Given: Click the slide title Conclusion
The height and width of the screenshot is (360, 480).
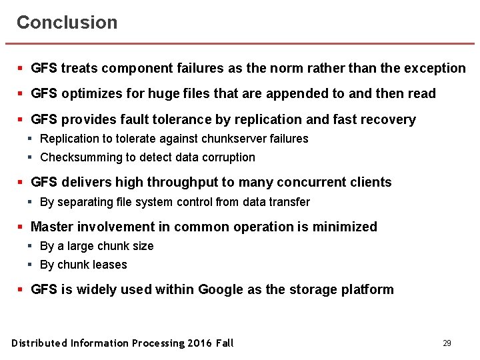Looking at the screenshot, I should tap(67, 22).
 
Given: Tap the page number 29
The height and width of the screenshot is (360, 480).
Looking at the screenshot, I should tap(447, 343).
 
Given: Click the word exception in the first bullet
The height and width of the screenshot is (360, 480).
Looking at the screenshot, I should tap(435, 68).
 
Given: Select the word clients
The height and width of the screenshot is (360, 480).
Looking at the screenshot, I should tap(371, 183).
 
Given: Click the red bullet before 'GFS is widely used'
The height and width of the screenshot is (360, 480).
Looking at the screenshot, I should tap(21, 289).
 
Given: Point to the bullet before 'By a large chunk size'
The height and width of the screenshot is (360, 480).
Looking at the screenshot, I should tap(30, 246).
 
